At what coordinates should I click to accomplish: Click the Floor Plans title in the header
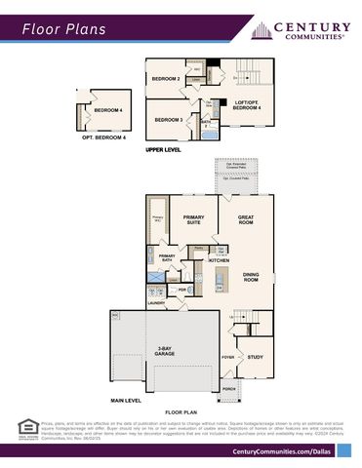pos(65,30)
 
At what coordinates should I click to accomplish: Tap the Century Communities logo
pos(302,30)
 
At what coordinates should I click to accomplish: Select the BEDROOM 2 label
pos(166,79)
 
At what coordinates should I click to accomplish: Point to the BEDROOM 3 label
pos(169,119)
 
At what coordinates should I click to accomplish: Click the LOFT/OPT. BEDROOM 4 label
pos(246,104)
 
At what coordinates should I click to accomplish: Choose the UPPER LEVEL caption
pos(163,151)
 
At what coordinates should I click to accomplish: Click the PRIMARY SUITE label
pos(193,219)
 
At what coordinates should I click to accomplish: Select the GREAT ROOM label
pos(245,219)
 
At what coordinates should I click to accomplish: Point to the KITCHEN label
pos(219,261)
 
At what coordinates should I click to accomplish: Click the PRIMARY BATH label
pos(167,258)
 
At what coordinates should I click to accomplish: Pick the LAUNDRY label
pos(157,303)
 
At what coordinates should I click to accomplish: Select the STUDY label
pos(256,357)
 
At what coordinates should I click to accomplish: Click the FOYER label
pos(228,358)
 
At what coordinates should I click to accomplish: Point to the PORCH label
pos(228,388)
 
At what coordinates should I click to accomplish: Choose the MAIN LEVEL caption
pos(126,401)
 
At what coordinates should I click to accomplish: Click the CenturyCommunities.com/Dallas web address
pos(281,451)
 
